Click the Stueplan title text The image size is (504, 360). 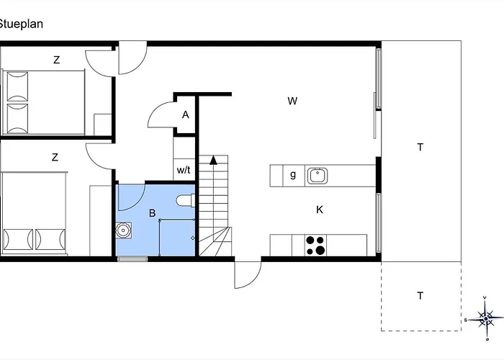point(21,24)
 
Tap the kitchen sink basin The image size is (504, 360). point(318,176)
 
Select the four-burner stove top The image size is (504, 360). point(315,246)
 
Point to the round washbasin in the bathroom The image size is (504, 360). point(123,230)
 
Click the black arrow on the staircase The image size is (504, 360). point(213,160)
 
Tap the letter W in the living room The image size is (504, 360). point(292,101)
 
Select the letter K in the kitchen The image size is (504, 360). point(320,210)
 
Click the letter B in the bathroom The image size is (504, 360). point(153,213)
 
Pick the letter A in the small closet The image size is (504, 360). point(186,114)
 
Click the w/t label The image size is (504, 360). point(184,170)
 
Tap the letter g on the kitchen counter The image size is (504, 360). point(293,174)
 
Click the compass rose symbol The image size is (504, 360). point(485,318)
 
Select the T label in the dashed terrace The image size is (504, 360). point(420,295)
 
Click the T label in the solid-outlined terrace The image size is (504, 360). point(420,147)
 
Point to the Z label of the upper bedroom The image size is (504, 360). point(57,60)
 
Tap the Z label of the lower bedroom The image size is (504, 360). point(55,157)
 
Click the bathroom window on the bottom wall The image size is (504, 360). point(132,258)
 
